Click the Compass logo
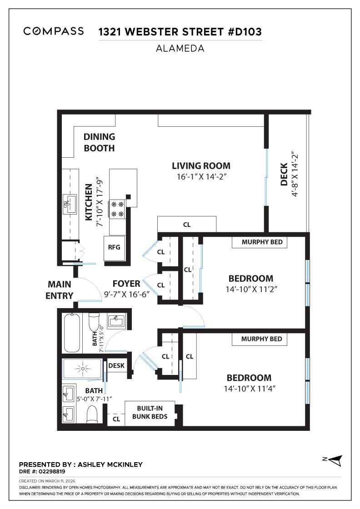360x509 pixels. point(54,31)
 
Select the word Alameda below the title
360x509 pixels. point(180,48)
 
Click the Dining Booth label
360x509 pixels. point(99,142)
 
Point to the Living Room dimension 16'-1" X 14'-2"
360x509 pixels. point(201,177)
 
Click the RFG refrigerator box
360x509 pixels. point(114,247)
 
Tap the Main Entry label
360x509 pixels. point(60,290)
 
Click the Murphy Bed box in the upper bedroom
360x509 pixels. point(261,242)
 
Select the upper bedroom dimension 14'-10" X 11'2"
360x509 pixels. point(250,289)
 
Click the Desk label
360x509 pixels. point(116,365)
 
